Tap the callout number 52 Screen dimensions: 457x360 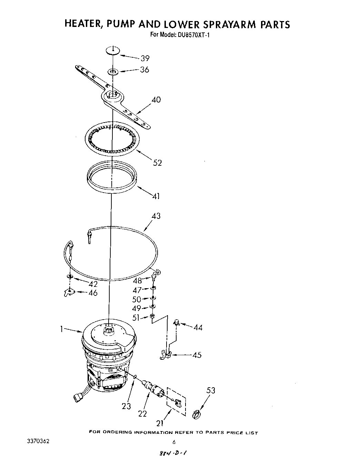coord(157,163)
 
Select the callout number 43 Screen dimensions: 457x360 coord(156,216)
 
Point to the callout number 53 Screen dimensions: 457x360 coord(211,390)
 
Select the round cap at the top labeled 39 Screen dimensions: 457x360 coord(113,50)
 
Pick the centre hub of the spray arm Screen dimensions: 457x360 coord(112,95)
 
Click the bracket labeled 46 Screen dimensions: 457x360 coord(69,293)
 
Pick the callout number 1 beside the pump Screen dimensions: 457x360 coord(62,329)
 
